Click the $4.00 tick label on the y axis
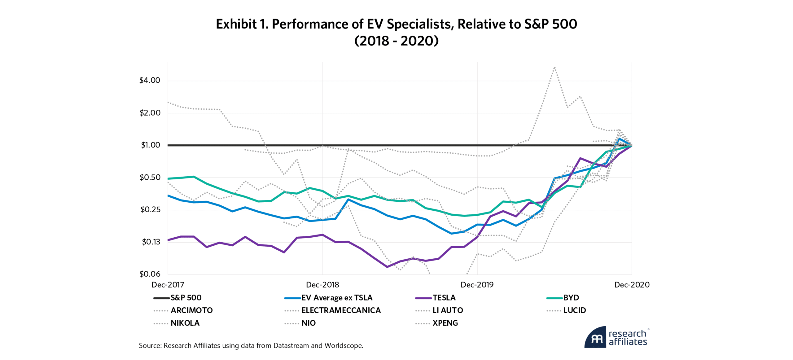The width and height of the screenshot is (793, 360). [x=150, y=81]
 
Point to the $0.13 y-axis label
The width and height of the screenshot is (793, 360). [x=151, y=242]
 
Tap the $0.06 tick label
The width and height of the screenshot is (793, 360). [x=150, y=274]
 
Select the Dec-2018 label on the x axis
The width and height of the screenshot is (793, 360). [x=322, y=285]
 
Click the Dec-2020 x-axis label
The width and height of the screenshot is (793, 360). [x=632, y=285]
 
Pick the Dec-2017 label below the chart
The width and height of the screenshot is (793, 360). [x=168, y=285]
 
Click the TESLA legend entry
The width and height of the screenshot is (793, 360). [x=444, y=298]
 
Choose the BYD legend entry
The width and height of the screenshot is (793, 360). [x=571, y=298]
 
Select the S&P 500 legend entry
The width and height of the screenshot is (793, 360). [x=186, y=298]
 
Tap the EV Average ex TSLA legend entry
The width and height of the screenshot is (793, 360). [x=337, y=298]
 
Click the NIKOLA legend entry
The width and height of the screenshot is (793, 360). [x=185, y=323]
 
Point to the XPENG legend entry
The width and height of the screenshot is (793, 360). [x=445, y=323]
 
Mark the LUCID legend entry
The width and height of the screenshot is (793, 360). [x=575, y=310]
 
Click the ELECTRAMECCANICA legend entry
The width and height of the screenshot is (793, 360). [x=341, y=310]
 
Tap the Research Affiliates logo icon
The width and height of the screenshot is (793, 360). [x=595, y=337]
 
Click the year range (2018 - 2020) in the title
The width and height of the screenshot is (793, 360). [x=396, y=41]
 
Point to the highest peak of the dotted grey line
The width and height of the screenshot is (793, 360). [x=554, y=67]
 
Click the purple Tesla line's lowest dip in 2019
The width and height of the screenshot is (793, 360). [x=387, y=267]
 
